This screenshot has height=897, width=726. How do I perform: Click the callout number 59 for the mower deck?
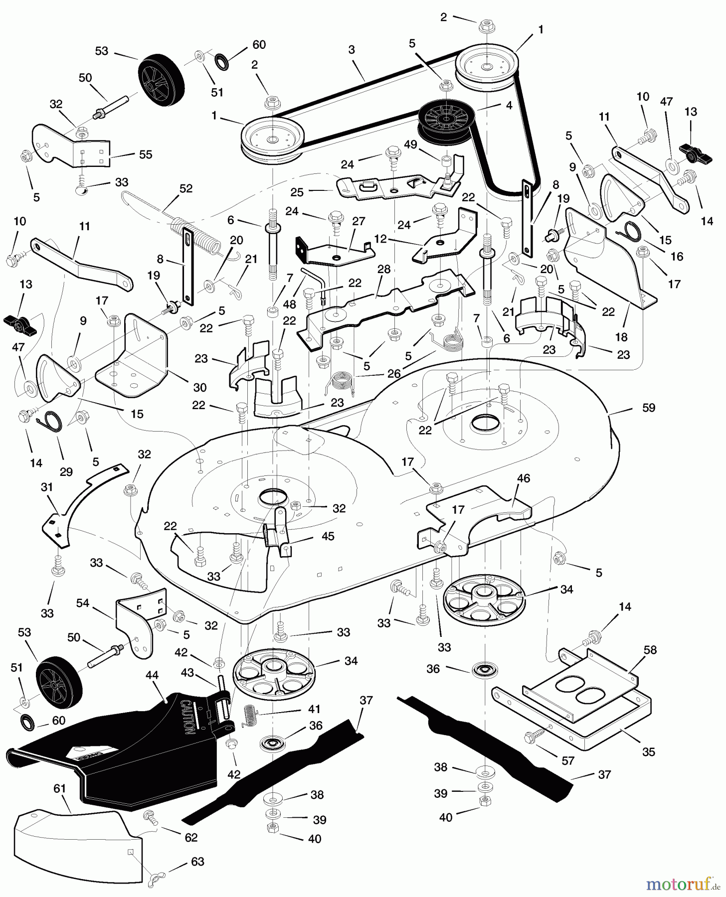pyautogui.click(x=649, y=408)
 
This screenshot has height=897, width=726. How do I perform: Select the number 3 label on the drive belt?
pyautogui.click(x=352, y=49)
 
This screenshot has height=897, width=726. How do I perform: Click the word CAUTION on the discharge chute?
pyautogui.click(x=186, y=718)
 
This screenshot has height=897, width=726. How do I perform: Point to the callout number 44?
pyautogui.click(x=152, y=675)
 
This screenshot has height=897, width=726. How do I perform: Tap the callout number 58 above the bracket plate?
pyautogui.click(x=650, y=650)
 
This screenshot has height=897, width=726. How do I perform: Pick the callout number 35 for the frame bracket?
pyautogui.click(x=648, y=751)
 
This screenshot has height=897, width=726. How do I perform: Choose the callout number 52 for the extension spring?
pyautogui.click(x=185, y=189)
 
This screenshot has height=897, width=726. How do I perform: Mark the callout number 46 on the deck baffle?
pyautogui.click(x=524, y=478)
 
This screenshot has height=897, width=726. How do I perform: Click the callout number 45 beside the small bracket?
pyautogui.click(x=328, y=536)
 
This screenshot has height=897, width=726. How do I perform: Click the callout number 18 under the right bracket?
pyautogui.click(x=621, y=337)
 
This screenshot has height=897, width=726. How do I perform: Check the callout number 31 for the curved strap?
pyautogui.click(x=47, y=487)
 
